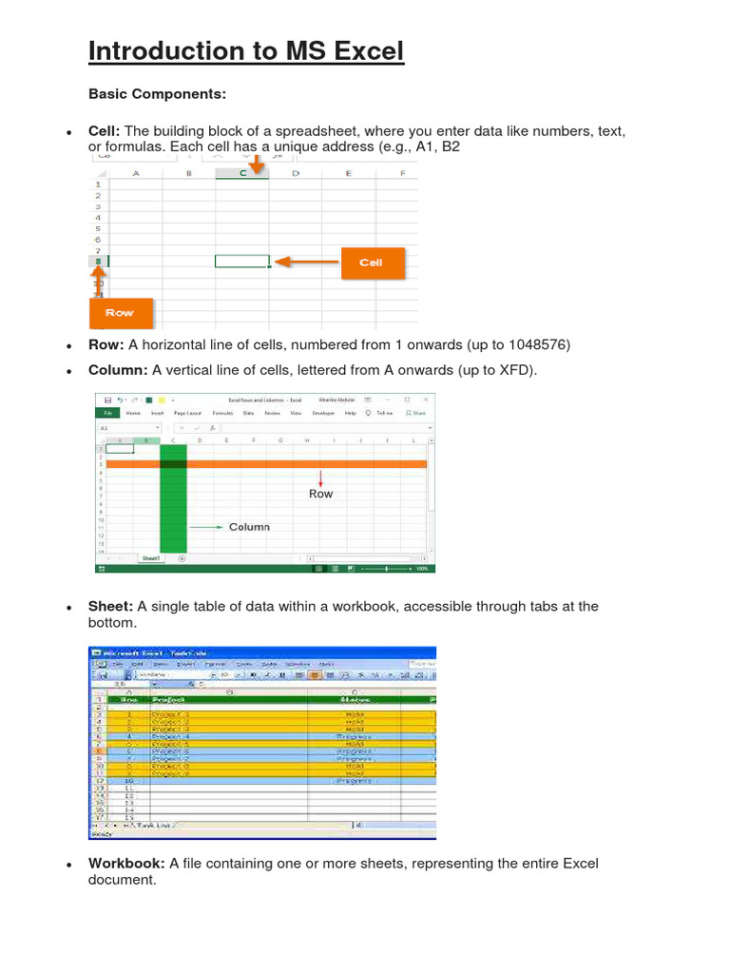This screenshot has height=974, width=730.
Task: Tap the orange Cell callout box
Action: (x=372, y=263)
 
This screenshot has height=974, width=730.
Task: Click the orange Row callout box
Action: (x=120, y=312)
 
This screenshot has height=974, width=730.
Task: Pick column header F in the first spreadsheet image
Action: (x=403, y=173)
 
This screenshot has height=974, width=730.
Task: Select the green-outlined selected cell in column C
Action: (x=242, y=262)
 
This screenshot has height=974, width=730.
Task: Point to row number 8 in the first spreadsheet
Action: (x=98, y=262)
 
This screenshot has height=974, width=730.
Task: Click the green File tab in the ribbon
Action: (x=107, y=414)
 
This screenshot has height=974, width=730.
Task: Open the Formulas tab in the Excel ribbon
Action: (x=222, y=414)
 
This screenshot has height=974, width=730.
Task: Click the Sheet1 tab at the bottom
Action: (x=150, y=558)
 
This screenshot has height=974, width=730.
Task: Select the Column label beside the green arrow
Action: (x=249, y=526)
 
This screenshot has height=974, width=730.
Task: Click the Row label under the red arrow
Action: (x=321, y=494)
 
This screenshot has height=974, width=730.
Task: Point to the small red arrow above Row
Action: (x=321, y=477)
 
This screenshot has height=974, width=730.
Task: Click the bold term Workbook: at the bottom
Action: (x=127, y=864)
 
